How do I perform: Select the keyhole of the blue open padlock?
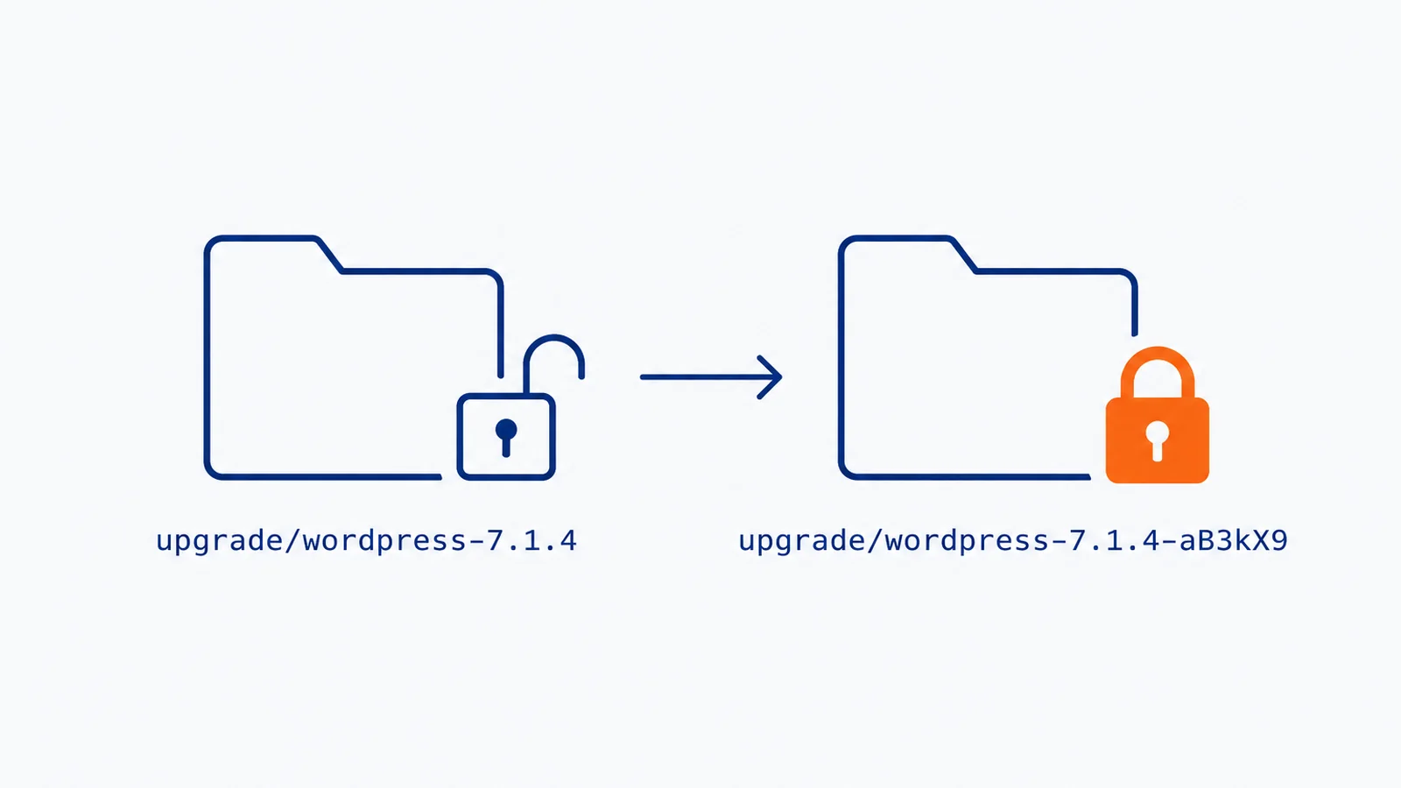point(506,437)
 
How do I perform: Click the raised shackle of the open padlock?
point(553,338)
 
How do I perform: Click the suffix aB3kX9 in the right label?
point(1234,541)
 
